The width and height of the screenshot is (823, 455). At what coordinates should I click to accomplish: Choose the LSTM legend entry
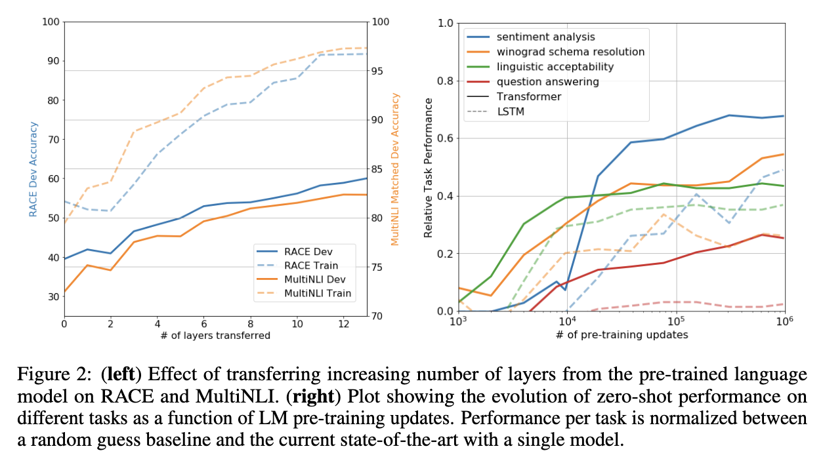pos(511,111)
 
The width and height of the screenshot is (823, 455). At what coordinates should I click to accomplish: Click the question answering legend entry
pos(547,82)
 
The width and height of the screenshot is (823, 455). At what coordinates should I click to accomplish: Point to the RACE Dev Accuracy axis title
pos(33,168)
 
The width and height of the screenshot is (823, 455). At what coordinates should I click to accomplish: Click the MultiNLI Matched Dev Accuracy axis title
pos(395,169)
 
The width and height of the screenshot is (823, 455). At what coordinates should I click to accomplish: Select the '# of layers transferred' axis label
pos(215,336)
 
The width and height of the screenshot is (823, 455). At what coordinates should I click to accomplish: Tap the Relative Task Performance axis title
pos(428,167)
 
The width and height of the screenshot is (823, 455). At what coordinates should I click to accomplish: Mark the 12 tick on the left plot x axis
pos(343,324)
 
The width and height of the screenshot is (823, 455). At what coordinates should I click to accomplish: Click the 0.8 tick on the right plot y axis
pos(445,81)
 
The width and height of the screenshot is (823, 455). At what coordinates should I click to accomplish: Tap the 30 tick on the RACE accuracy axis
pos(53,296)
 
